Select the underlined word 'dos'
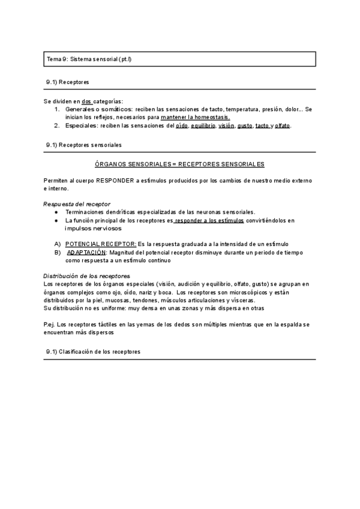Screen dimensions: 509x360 [x=88, y=101]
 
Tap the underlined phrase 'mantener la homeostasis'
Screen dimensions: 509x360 [x=195, y=118]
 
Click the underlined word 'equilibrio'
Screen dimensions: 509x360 [x=203, y=125]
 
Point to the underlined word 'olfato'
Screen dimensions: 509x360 [x=282, y=125]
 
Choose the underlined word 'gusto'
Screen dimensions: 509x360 [x=244, y=125]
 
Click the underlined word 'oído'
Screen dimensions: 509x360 [x=182, y=125]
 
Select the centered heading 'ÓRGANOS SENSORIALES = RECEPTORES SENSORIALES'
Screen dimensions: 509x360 [x=180, y=164]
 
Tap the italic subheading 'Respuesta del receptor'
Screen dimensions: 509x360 [x=77, y=204]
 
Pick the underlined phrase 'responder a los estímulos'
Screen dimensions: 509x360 [x=209, y=220]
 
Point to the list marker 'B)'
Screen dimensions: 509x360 [x=58, y=253]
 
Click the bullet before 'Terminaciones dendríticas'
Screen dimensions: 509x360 [x=55, y=212]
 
